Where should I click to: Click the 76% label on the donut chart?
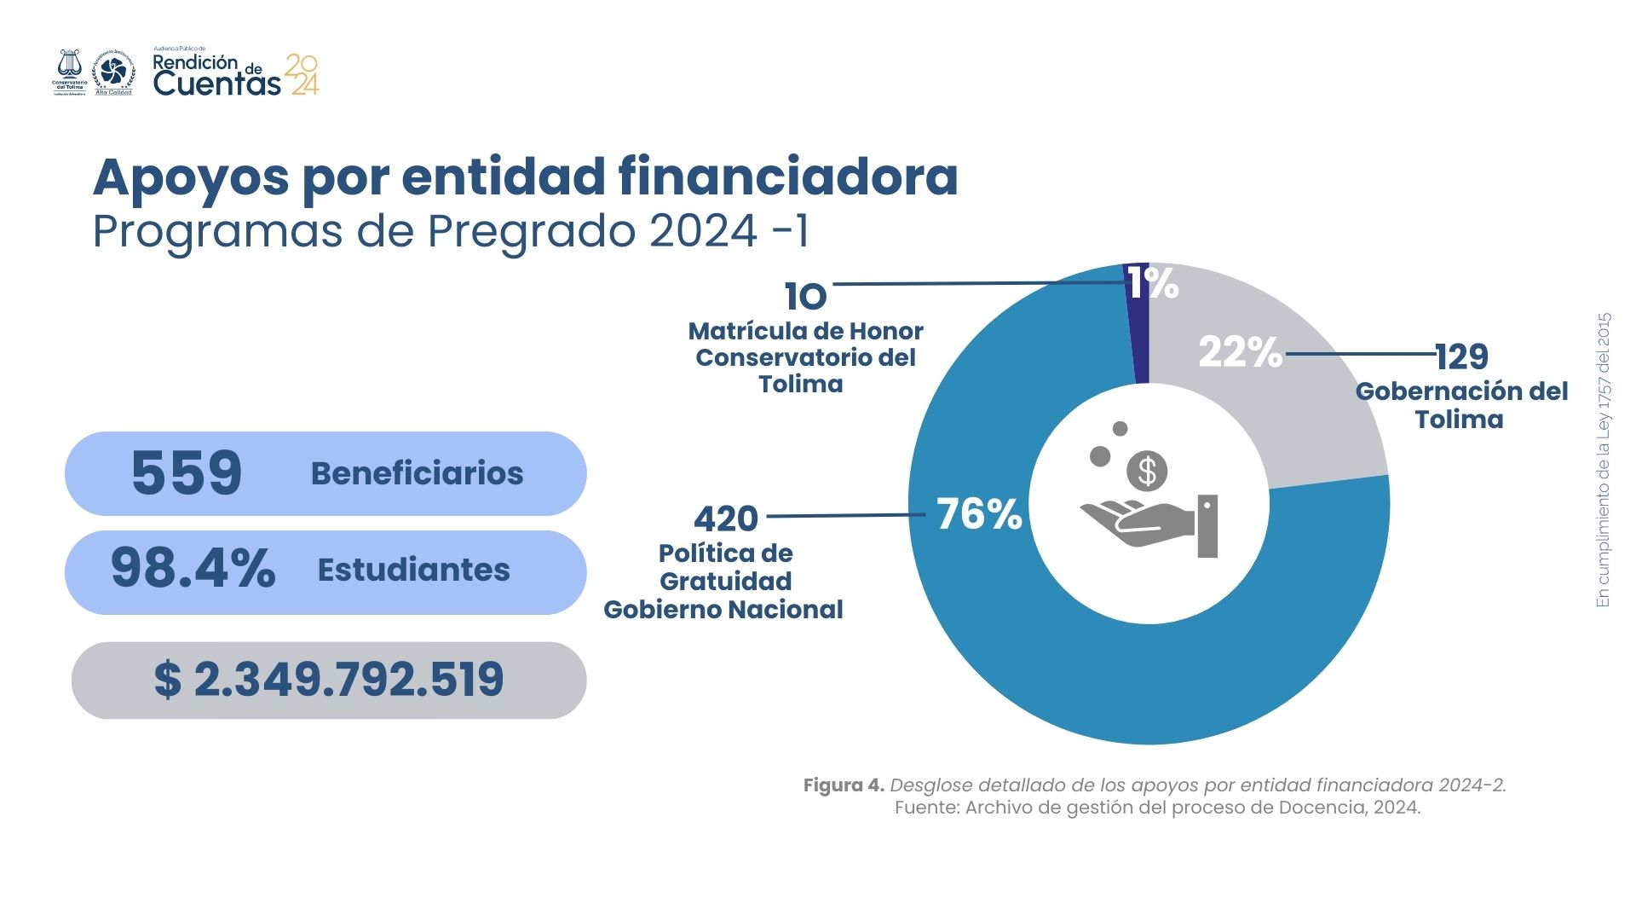(x=978, y=514)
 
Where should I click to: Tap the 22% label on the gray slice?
(x=1240, y=352)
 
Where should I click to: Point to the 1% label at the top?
(x=1154, y=283)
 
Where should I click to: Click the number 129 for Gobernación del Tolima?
(x=1461, y=357)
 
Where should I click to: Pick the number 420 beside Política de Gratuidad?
(x=726, y=518)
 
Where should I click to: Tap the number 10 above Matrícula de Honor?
(x=805, y=297)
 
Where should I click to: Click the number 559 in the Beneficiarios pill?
(x=187, y=473)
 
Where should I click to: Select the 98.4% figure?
(x=193, y=569)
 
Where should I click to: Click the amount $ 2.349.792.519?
(x=329, y=680)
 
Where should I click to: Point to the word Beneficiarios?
(x=417, y=473)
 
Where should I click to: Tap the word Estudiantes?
(x=413, y=570)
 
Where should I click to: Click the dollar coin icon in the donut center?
(x=1147, y=471)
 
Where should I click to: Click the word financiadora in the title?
(x=787, y=177)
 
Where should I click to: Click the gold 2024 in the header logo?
(x=303, y=75)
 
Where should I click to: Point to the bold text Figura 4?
(x=844, y=785)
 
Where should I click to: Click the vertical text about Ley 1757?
(x=1604, y=460)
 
